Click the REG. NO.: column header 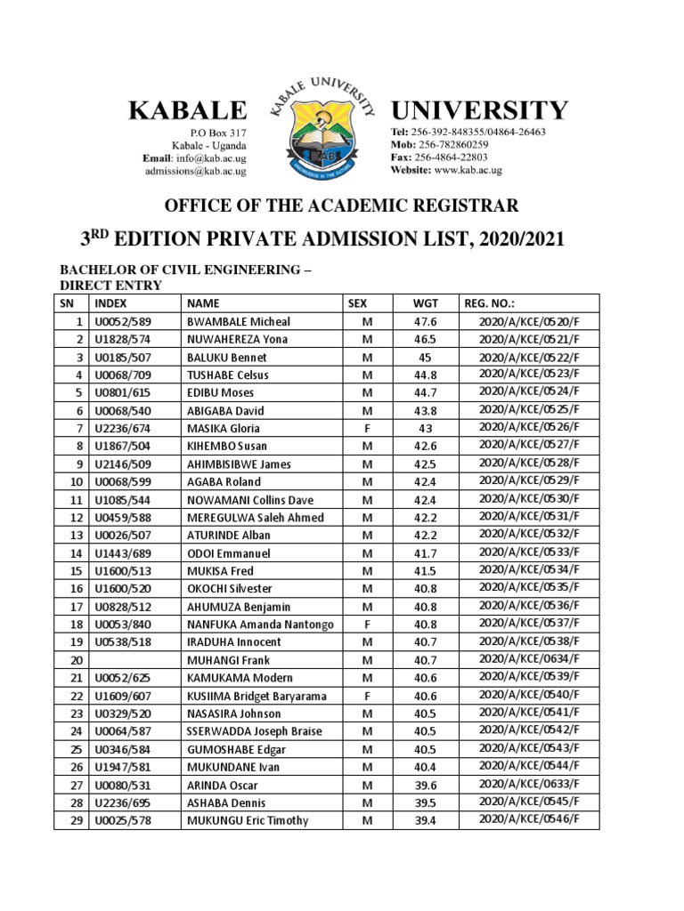pos(490,303)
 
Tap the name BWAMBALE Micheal pos(238,321)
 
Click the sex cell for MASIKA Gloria pos(367,428)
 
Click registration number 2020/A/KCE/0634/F pos(529,659)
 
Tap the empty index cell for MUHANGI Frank pos(135,659)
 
